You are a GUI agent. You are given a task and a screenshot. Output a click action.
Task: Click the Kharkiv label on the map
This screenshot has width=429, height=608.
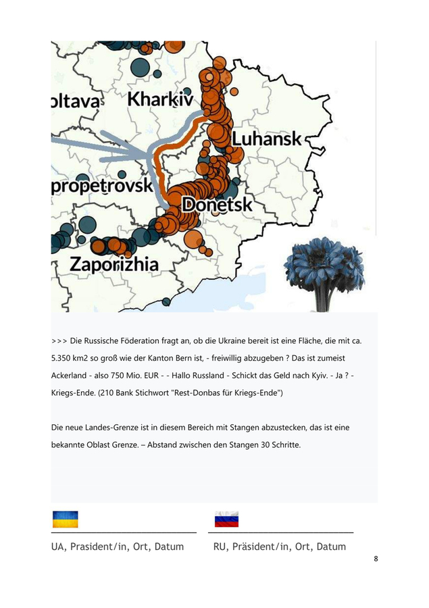(x=159, y=99)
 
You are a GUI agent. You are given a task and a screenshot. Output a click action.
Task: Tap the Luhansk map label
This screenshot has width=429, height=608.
(x=267, y=139)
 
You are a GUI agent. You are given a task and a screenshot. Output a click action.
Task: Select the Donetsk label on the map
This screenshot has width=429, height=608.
(x=217, y=204)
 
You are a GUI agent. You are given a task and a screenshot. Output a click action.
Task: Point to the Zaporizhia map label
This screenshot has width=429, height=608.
(x=115, y=264)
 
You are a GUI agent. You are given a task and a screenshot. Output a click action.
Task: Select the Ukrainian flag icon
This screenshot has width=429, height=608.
(x=65, y=519)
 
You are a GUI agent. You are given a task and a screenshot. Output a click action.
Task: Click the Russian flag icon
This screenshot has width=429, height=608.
(x=226, y=519)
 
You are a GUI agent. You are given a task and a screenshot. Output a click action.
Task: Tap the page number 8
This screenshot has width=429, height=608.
(x=376, y=559)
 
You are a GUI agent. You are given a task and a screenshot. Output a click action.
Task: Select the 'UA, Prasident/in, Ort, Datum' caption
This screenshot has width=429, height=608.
(x=118, y=546)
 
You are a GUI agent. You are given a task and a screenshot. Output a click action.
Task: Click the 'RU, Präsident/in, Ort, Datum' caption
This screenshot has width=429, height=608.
(x=279, y=546)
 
